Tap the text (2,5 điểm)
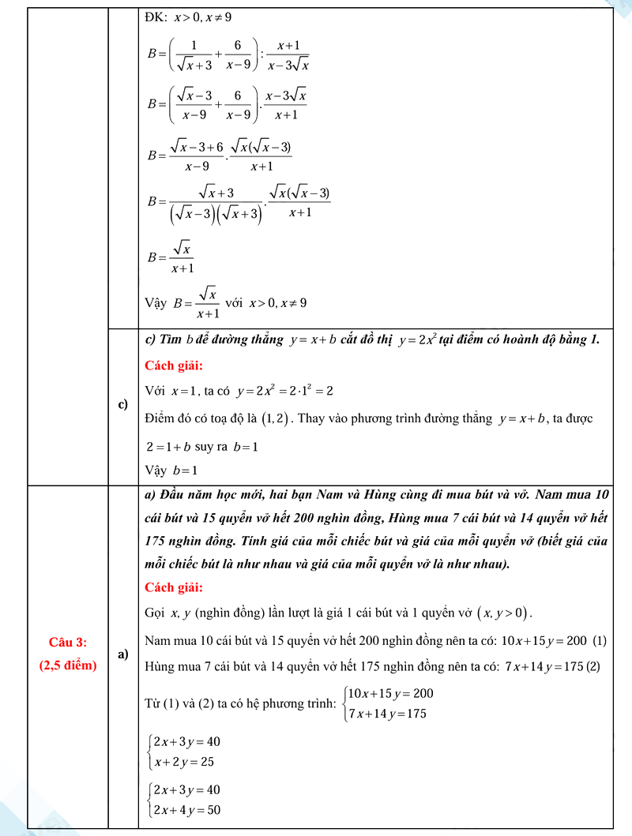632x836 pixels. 68,665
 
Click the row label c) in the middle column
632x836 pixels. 123,405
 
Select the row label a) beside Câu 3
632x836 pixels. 123,654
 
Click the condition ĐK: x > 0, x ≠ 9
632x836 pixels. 188,16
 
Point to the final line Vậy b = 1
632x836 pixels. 171,470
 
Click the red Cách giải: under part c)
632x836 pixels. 174,366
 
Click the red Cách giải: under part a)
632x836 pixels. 174,587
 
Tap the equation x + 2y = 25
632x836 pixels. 184,763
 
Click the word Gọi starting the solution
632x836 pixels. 156,613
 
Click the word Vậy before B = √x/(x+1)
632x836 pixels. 156,302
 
